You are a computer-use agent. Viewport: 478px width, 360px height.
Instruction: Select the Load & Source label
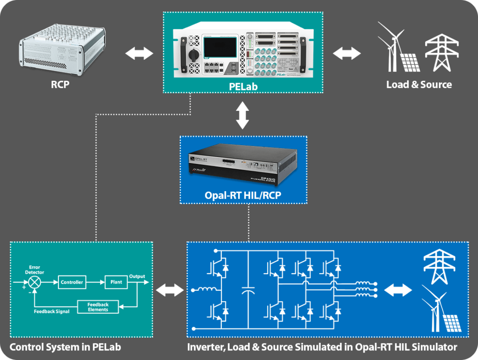pyautogui.click(x=419, y=85)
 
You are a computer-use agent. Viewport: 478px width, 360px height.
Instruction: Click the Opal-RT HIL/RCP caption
pyautogui.click(x=243, y=195)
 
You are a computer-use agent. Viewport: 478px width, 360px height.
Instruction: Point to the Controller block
pyautogui.click(x=72, y=282)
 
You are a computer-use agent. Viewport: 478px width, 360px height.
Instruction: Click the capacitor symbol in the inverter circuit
pyautogui.click(x=249, y=291)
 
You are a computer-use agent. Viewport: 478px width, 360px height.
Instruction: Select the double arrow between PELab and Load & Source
pyautogui.click(x=347, y=53)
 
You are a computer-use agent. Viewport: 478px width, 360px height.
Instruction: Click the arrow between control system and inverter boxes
pyautogui.click(x=169, y=291)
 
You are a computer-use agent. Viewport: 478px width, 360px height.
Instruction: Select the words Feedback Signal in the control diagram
pyautogui.click(x=52, y=311)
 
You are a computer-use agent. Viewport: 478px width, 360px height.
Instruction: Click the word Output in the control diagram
pyautogui.click(x=137, y=276)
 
